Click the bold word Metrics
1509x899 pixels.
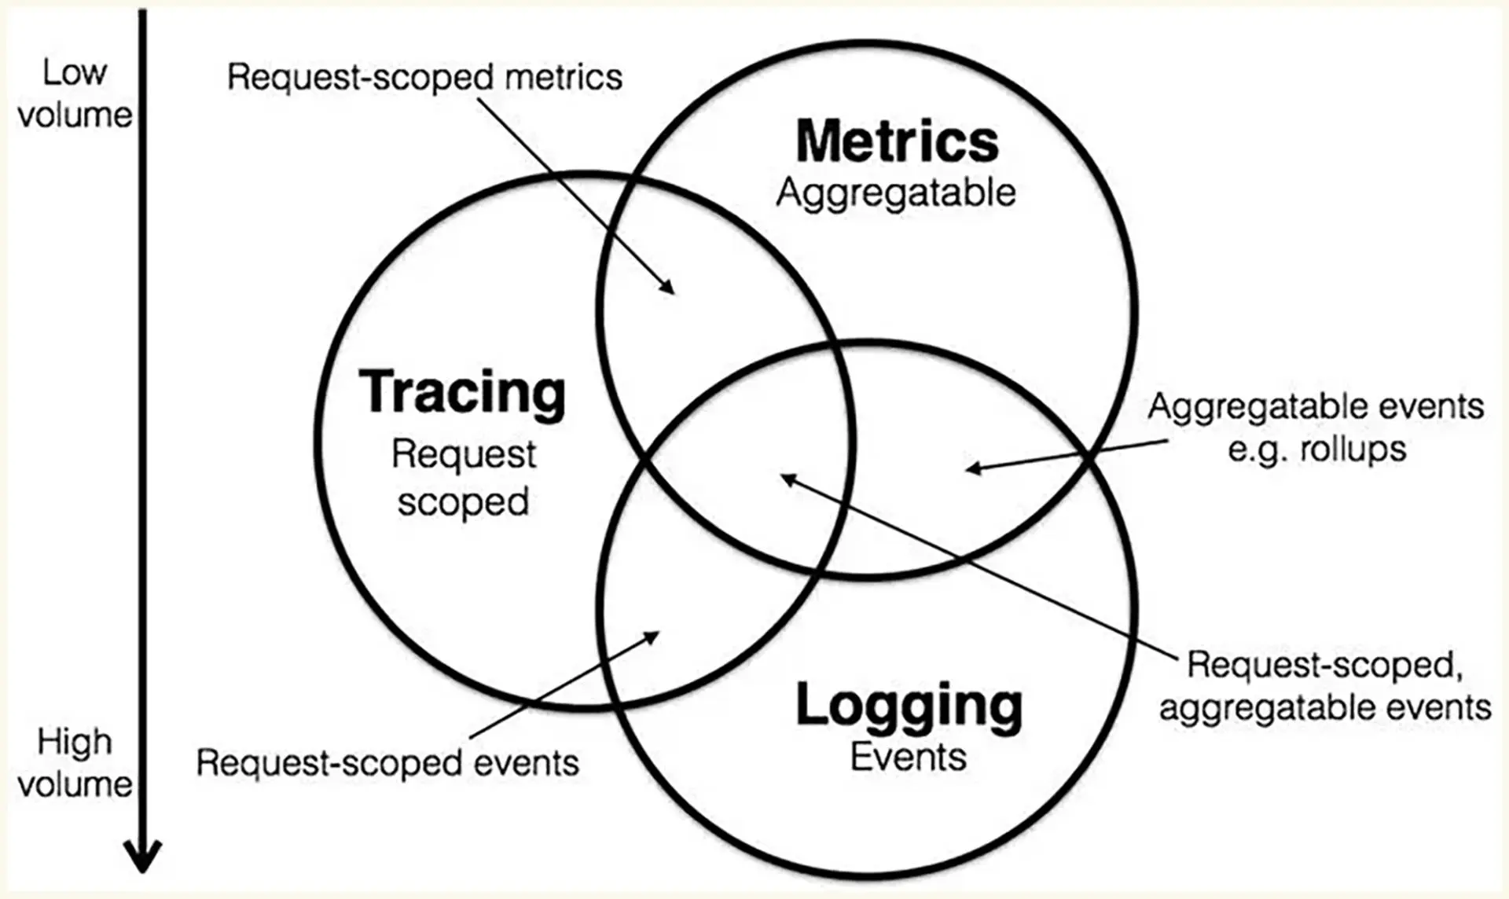[897, 141]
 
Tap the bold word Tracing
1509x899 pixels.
[462, 392]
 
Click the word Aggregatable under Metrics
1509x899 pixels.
[896, 193]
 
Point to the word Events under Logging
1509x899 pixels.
[909, 757]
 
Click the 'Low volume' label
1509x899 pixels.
[75, 94]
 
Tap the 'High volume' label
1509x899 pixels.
[75, 763]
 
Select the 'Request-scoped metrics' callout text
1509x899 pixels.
[424, 77]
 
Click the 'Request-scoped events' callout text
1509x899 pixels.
[387, 763]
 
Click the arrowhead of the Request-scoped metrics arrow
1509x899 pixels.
[667, 287]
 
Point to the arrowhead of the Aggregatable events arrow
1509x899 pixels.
[974, 468]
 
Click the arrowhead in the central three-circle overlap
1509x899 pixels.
[788, 478]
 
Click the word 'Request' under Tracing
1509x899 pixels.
[464, 455]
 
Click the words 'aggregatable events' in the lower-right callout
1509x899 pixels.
[1325, 707]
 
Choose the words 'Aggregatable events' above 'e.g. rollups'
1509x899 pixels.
[1316, 407]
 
